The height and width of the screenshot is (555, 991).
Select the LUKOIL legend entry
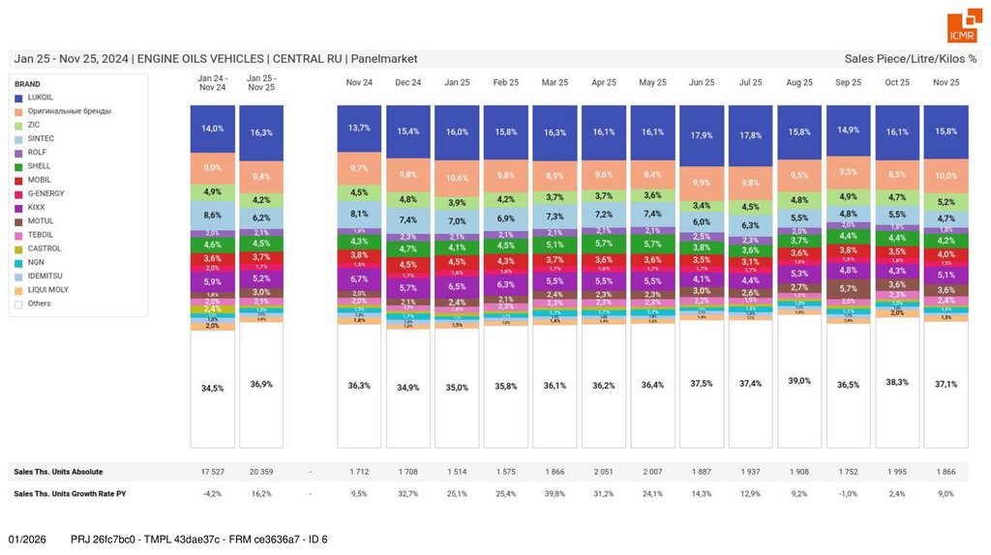pyautogui.click(x=40, y=98)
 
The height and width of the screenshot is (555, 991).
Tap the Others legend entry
pyautogui.click(x=39, y=304)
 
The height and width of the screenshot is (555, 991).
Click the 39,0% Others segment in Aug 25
pyautogui.click(x=799, y=381)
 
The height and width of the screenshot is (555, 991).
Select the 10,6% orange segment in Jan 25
pyautogui.click(x=457, y=178)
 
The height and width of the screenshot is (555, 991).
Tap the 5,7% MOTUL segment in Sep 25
pyautogui.click(x=849, y=288)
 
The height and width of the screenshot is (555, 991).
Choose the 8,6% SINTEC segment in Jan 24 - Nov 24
pyautogui.click(x=212, y=215)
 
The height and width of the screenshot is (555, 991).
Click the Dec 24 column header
pyautogui.click(x=407, y=83)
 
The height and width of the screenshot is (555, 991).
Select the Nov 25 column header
pyautogui.click(x=946, y=83)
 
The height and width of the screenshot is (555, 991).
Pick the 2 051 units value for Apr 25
pyautogui.click(x=603, y=472)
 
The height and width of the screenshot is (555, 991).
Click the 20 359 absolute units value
pyautogui.click(x=260, y=472)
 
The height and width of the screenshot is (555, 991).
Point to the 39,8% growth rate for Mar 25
pyautogui.click(x=555, y=493)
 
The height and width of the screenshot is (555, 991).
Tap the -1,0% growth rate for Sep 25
pyautogui.click(x=849, y=493)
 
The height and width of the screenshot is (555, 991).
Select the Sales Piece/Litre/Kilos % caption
pyautogui.click(x=910, y=59)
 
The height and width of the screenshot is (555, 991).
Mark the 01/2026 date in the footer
pyautogui.click(x=27, y=539)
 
